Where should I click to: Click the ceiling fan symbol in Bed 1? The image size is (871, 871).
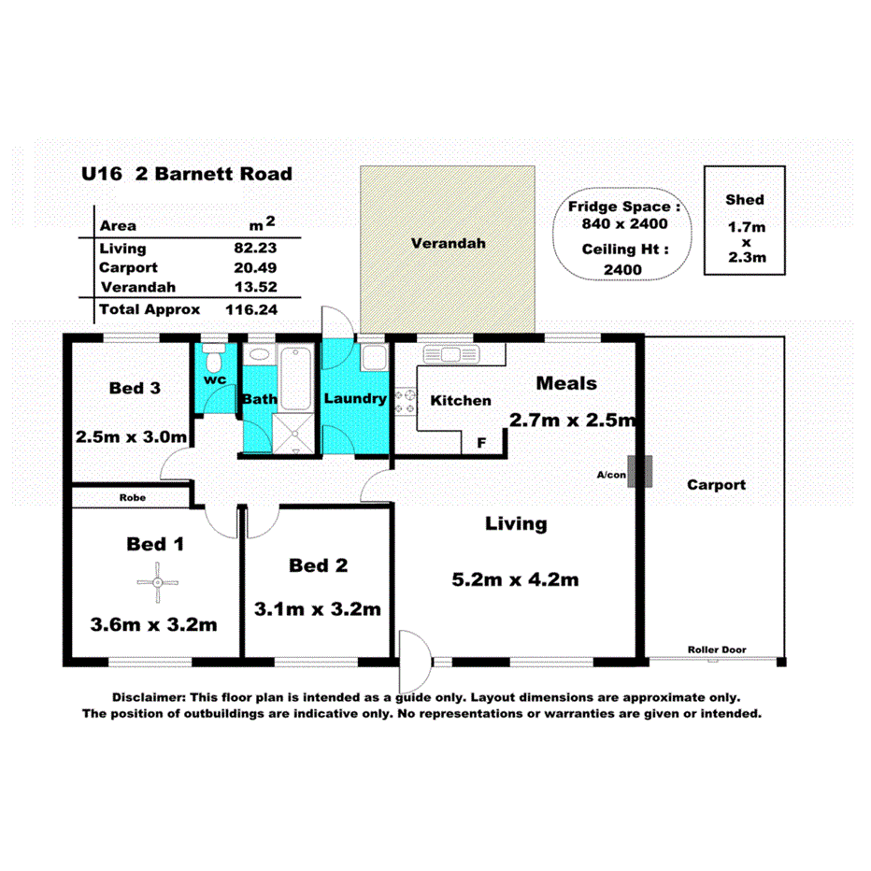(x=158, y=584)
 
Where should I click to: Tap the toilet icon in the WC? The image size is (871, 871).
(x=213, y=359)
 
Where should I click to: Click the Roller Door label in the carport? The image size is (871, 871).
(x=717, y=650)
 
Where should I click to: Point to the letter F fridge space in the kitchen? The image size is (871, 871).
(x=481, y=442)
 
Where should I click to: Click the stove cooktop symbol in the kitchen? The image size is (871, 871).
(x=406, y=402)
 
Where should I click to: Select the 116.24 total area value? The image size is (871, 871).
(x=251, y=308)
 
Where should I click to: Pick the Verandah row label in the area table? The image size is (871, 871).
(x=138, y=287)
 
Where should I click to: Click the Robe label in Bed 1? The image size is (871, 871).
(x=131, y=498)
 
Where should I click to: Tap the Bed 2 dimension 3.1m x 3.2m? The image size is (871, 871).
(x=318, y=608)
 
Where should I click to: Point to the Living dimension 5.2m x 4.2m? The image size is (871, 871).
(x=515, y=579)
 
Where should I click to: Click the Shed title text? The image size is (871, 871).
(x=745, y=199)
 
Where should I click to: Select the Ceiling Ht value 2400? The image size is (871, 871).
(x=623, y=270)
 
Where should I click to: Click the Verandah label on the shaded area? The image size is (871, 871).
(x=449, y=244)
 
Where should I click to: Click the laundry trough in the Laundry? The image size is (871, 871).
(x=373, y=358)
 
